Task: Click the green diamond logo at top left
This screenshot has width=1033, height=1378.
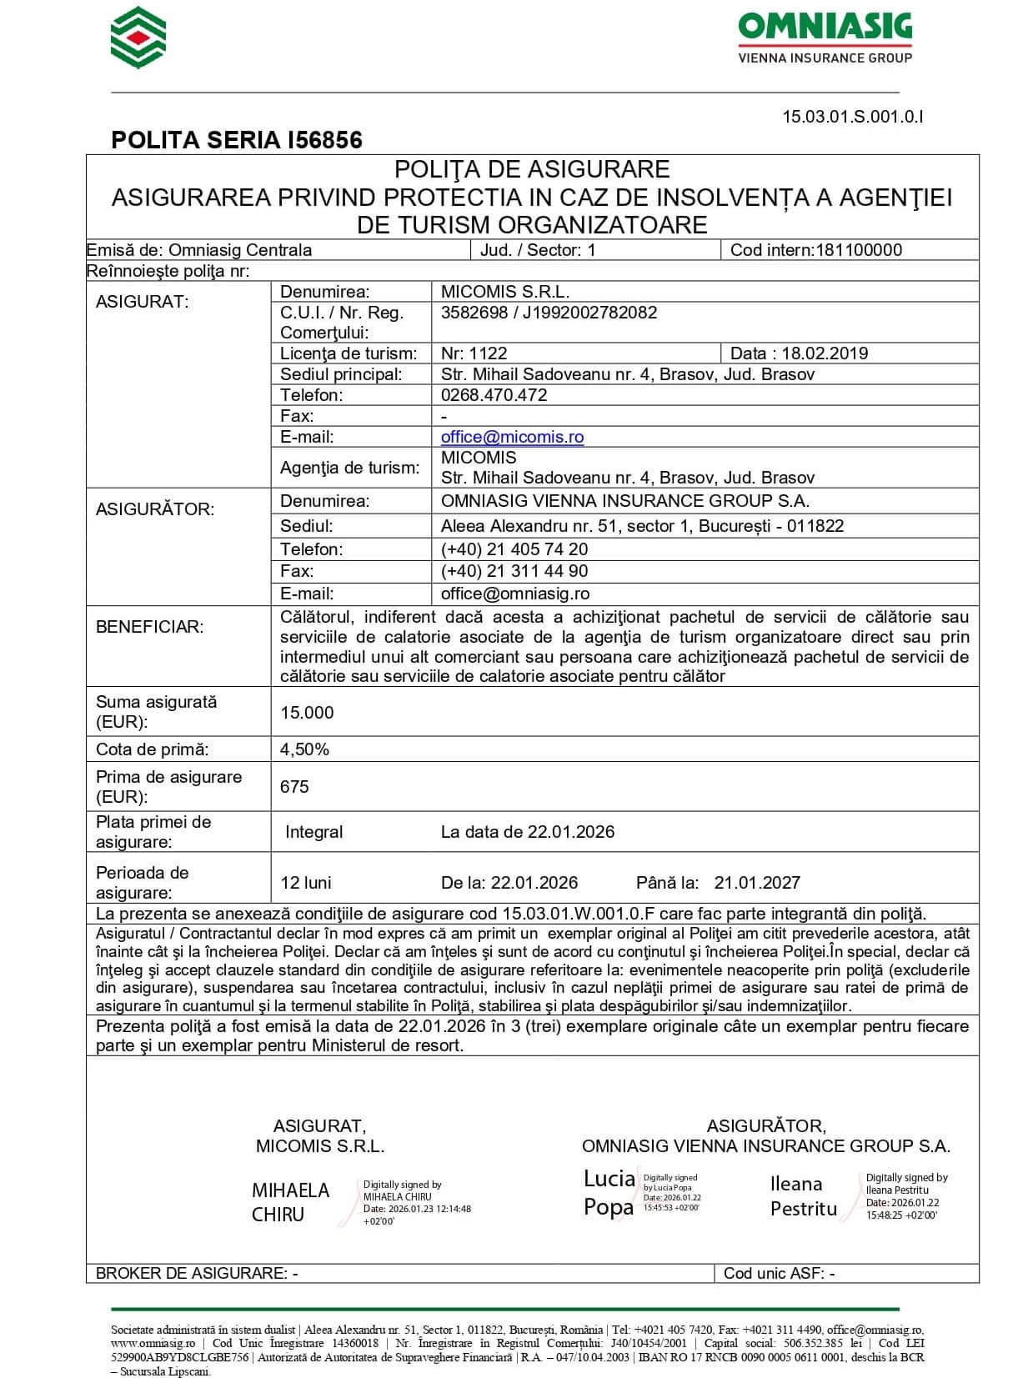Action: click(x=138, y=38)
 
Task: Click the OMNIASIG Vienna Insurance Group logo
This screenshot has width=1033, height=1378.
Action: click(x=825, y=38)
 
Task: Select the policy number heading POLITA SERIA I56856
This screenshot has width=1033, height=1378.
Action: click(x=237, y=140)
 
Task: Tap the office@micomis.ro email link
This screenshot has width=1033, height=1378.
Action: click(x=512, y=437)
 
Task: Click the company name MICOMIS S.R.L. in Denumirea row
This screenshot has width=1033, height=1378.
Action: click(x=505, y=292)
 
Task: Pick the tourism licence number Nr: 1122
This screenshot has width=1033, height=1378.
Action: click(x=474, y=353)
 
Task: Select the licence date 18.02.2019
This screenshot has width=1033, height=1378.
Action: click(x=825, y=353)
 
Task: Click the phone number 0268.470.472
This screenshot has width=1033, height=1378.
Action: click(x=494, y=395)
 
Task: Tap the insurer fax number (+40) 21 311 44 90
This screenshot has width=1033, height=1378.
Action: click(x=514, y=571)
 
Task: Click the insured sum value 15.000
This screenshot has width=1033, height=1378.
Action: click(x=307, y=713)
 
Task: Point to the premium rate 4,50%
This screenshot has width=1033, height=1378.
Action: click(x=304, y=749)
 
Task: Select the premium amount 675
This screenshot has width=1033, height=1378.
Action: click(x=294, y=787)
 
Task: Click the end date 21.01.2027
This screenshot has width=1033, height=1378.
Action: click(x=757, y=883)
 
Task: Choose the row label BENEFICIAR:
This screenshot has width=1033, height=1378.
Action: click(x=149, y=627)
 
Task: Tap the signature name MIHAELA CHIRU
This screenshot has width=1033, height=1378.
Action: click(x=290, y=1202)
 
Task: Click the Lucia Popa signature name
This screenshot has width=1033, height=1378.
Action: click(x=609, y=1192)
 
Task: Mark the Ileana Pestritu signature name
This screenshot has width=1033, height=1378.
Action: click(x=803, y=1196)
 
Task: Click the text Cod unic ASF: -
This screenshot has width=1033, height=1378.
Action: click(x=779, y=1273)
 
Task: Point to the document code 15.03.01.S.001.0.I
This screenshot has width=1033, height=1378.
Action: click(x=852, y=117)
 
